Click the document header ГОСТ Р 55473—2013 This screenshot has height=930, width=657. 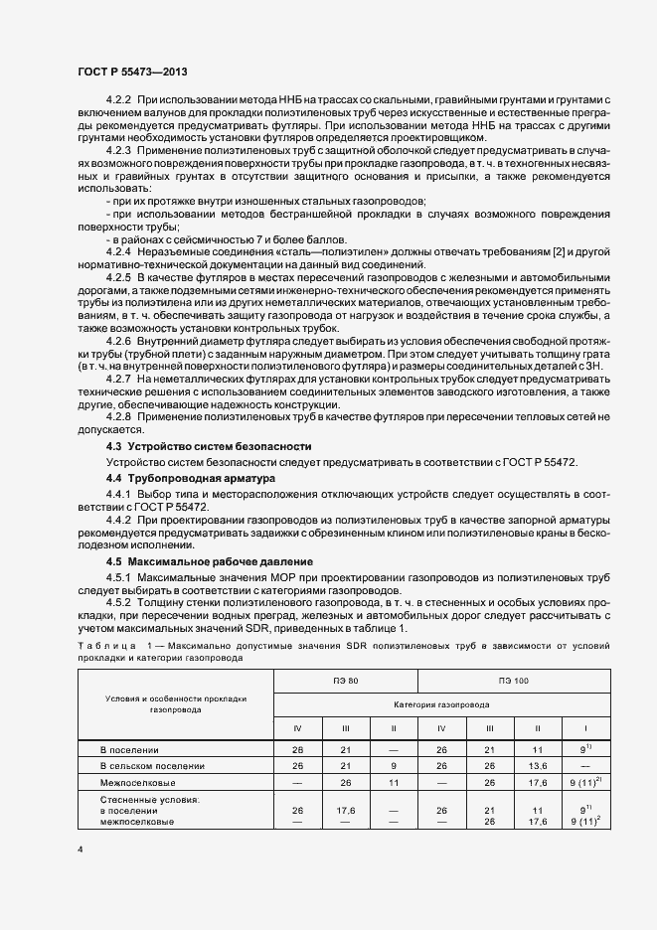131,73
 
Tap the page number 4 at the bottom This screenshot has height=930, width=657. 80,850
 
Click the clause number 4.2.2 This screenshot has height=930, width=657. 119,101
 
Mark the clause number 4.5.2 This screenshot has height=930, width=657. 119,603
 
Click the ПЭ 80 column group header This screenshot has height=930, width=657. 346,682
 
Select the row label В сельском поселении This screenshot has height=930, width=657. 152,766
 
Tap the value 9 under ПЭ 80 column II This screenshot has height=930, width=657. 394,766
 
